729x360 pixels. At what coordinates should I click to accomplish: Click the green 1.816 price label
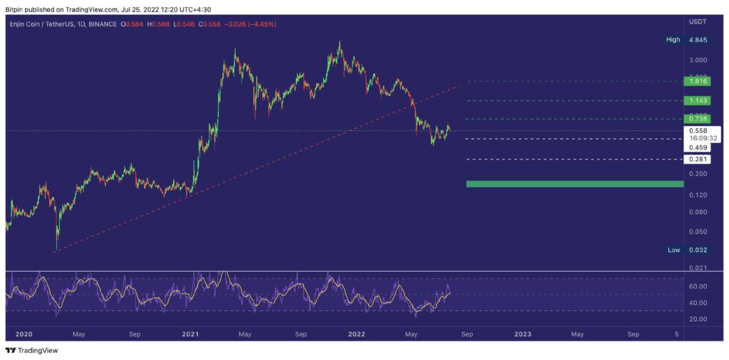(x=697, y=82)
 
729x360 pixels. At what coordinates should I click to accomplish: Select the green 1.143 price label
(x=697, y=100)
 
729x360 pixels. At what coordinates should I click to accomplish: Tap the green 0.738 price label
(x=697, y=119)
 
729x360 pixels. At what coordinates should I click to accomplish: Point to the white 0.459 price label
(x=697, y=147)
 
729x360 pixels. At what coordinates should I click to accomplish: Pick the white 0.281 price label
(x=697, y=159)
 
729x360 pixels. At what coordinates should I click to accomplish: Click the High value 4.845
(x=697, y=40)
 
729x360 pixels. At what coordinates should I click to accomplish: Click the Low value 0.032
(x=697, y=250)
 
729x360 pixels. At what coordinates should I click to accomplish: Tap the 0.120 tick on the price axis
(x=698, y=194)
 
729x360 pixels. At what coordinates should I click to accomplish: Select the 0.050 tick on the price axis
(x=698, y=232)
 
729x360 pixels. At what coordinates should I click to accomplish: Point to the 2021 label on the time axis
(x=190, y=333)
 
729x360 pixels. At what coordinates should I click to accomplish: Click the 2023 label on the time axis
(x=523, y=333)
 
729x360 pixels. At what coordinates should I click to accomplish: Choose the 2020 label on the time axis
(x=23, y=333)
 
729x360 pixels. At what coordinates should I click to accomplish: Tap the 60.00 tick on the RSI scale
(x=697, y=286)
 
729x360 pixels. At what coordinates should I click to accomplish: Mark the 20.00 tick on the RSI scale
(x=697, y=319)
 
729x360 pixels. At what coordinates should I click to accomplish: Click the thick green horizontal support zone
(x=574, y=184)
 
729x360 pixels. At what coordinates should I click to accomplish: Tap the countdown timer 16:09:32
(x=698, y=138)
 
